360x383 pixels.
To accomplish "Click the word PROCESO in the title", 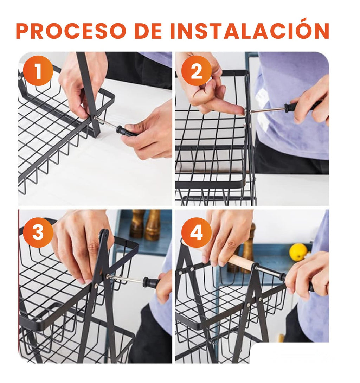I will [x=70, y=31].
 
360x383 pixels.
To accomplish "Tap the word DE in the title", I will [x=148, y=31].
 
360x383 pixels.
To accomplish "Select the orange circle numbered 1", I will [x=38, y=71].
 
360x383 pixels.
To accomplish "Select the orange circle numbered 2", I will [x=196, y=71].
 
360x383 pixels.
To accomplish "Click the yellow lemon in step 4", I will [x=298, y=252].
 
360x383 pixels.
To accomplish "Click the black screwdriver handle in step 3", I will [x=151, y=282].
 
